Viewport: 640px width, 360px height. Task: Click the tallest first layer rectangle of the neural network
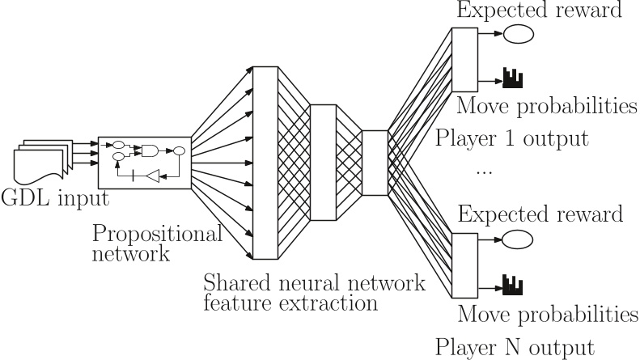point(266,163)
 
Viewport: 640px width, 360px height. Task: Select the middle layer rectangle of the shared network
point(323,163)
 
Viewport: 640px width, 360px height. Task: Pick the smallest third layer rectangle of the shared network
point(375,163)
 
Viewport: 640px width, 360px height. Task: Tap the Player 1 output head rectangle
point(464,59)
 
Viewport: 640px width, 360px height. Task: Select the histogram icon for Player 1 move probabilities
point(512,78)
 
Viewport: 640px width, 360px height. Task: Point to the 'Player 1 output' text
point(511,138)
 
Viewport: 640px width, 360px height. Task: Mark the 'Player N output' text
point(515,346)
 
